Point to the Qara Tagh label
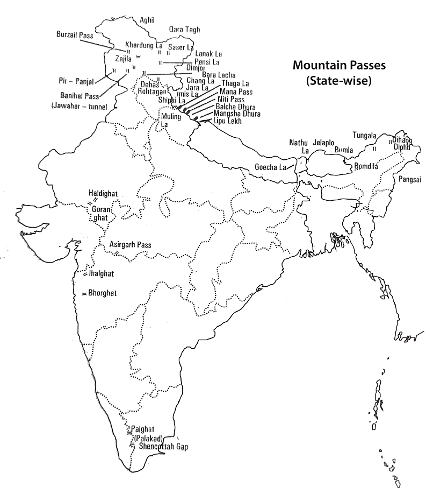click(184, 29)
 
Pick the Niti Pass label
click(230, 100)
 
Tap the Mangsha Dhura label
click(237, 114)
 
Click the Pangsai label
click(410, 178)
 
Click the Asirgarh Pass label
click(131, 245)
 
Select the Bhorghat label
click(103, 293)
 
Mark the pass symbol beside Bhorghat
click(84, 294)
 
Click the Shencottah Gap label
click(163, 447)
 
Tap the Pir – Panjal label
click(76, 81)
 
